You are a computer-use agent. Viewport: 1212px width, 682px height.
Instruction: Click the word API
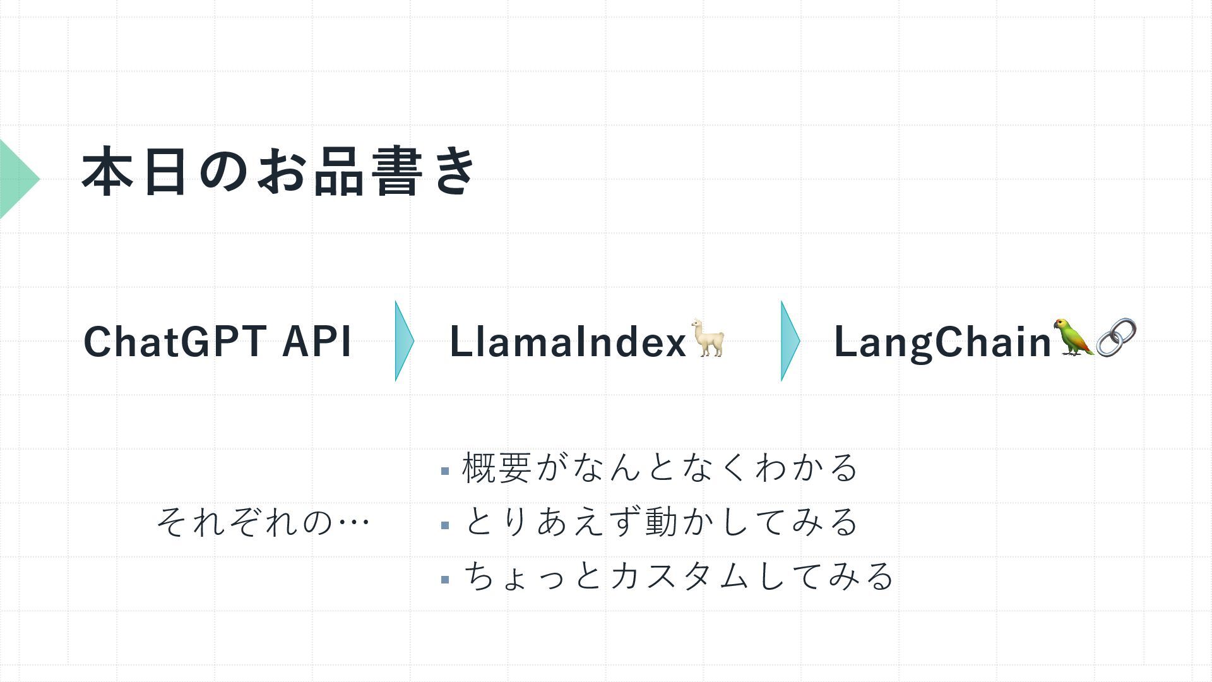[316, 342]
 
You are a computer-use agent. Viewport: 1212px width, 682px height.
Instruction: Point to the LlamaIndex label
[567, 342]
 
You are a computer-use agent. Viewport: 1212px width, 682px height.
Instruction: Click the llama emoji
[708, 338]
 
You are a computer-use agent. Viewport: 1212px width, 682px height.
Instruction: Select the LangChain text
[942, 342]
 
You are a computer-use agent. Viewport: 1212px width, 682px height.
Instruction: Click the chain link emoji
[1116, 337]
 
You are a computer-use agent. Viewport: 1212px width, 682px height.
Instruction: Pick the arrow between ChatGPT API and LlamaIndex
[403, 341]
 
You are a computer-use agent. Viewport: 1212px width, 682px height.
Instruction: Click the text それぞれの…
[263, 522]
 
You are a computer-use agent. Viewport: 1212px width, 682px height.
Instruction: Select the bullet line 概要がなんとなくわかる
[660, 468]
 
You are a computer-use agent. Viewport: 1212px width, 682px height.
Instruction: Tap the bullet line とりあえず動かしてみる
[660, 522]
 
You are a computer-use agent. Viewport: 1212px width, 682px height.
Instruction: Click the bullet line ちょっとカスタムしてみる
[679, 577]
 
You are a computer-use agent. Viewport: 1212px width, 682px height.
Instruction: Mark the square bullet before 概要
[445, 471]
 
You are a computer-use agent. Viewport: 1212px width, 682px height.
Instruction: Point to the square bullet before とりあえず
[445, 525]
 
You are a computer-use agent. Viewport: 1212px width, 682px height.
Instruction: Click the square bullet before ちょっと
[445, 579]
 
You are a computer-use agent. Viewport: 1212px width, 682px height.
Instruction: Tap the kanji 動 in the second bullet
[661, 522]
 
